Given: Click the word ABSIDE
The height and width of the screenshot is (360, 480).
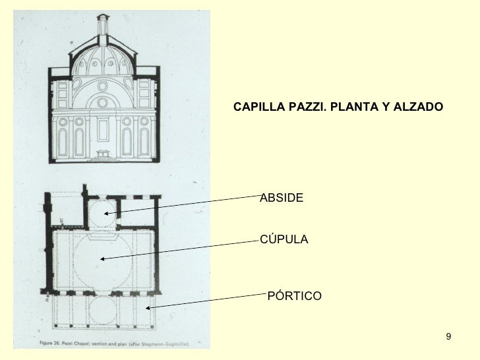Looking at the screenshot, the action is [x=282, y=198].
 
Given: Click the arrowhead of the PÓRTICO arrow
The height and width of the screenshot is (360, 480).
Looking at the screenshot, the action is [x=146, y=308].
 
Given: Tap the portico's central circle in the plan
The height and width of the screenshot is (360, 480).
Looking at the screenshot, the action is [x=104, y=310].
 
